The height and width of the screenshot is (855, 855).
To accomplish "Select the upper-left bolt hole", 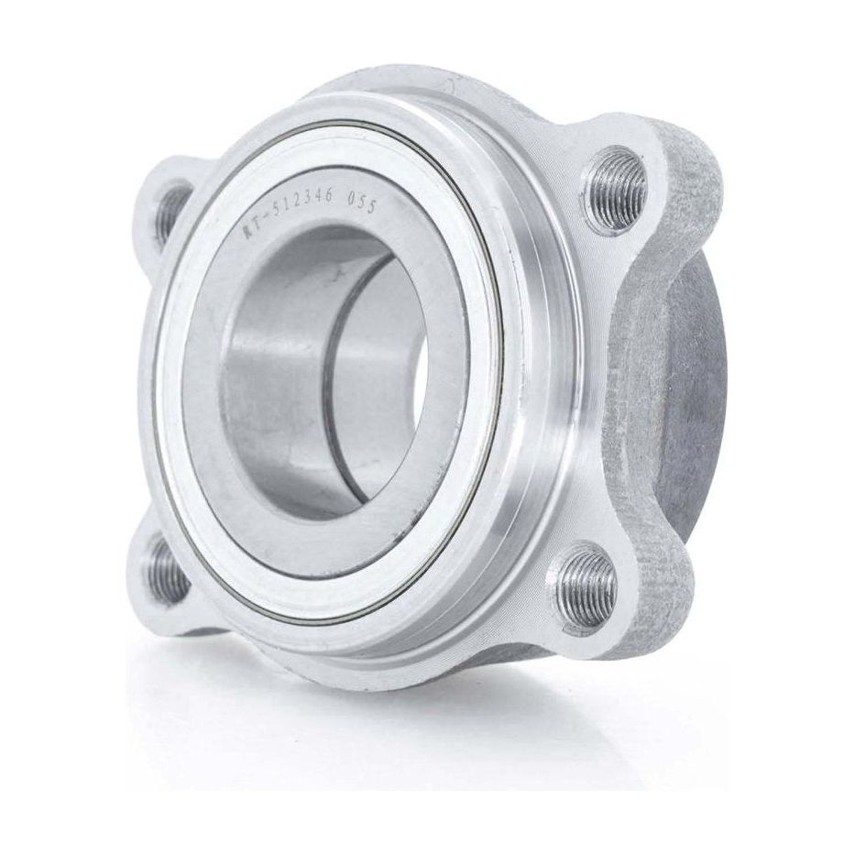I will [x=170, y=214].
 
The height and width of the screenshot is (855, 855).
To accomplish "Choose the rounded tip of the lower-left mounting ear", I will [x=147, y=586].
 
